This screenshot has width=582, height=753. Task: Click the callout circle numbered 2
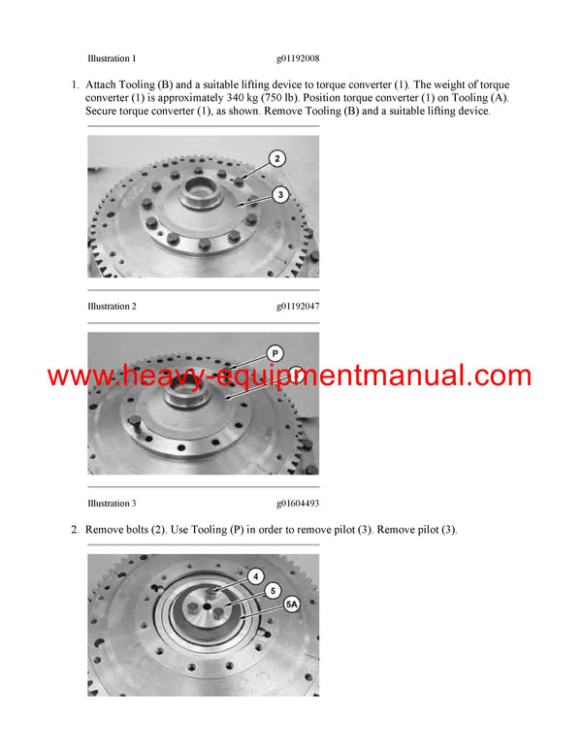pos(276,158)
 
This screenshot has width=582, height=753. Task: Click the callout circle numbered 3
pos(279,195)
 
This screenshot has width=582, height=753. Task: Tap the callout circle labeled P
pos(275,354)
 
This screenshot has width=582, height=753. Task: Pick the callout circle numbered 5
pos(274,589)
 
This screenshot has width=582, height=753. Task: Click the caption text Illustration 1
pos(112,58)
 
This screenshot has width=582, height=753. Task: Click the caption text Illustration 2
pos(112,307)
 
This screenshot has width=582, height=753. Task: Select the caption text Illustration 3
pos(112,504)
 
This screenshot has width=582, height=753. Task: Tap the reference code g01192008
pos(298,58)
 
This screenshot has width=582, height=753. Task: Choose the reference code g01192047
pos(298,307)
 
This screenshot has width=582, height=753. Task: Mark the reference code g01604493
pos(298,504)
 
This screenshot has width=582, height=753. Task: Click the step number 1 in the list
pos(75,85)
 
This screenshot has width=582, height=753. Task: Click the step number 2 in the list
pos(75,530)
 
